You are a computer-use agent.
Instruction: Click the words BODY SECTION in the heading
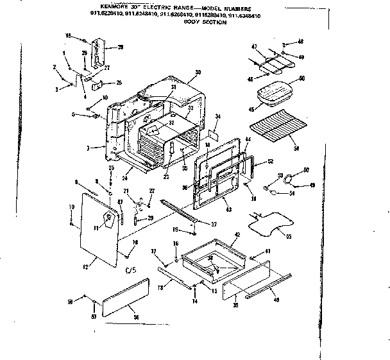205,22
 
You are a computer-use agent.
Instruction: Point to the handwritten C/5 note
131,270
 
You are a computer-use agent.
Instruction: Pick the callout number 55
288,237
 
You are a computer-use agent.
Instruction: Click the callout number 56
135,325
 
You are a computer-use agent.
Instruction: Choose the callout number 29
120,47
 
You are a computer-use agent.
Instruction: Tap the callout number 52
270,161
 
